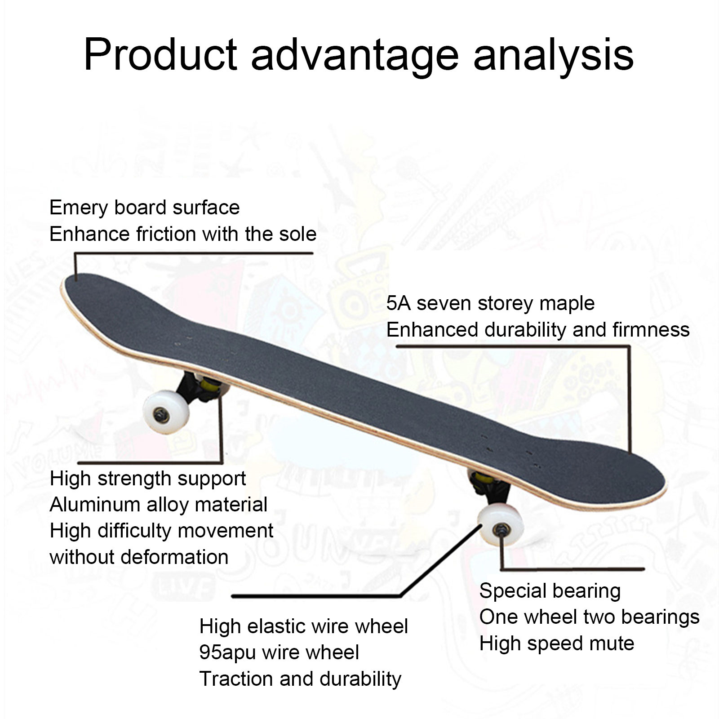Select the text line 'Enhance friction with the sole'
[x=182, y=234]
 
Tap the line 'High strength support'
[x=147, y=479]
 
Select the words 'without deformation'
[x=139, y=557]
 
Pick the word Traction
[x=236, y=679]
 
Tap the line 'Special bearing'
[x=550, y=591]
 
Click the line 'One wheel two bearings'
[x=589, y=617]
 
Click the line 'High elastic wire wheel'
[x=303, y=626]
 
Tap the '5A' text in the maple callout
[x=398, y=303]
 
